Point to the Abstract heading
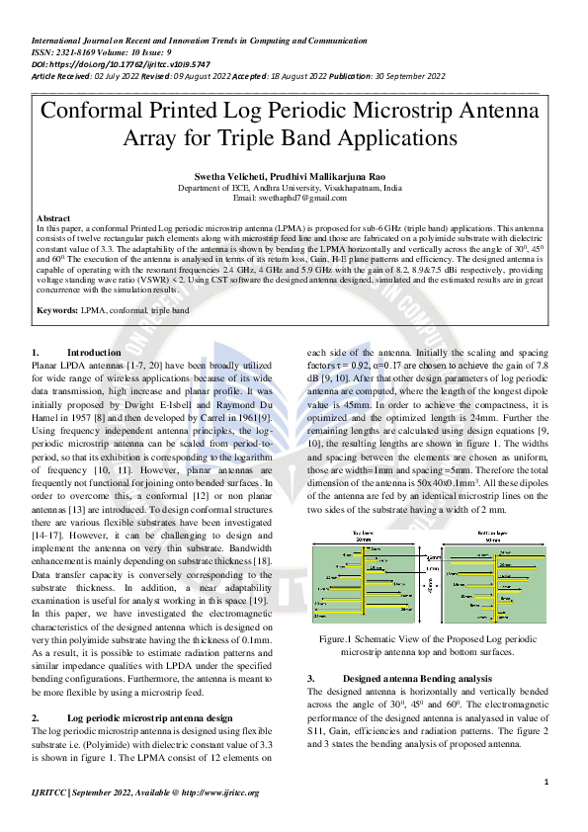(52, 217)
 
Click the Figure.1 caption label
(336, 640)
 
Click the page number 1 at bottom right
(546, 783)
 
